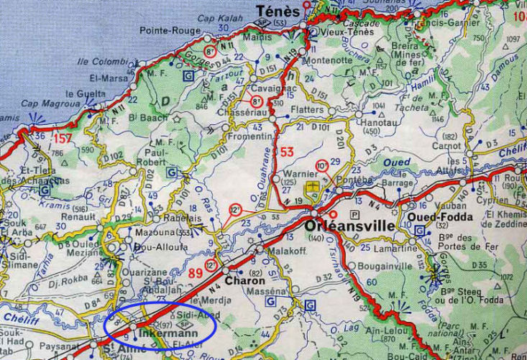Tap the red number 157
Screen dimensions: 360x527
[x=63, y=137]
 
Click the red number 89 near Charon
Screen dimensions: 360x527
[x=196, y=273]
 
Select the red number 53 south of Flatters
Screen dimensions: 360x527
[x=287, y=152]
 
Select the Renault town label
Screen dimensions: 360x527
[x=80, y=215]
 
